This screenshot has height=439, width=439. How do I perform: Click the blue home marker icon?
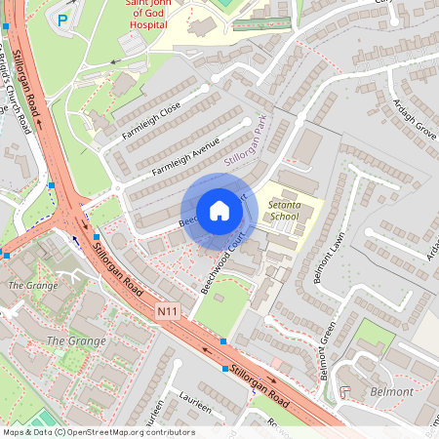(219, 211)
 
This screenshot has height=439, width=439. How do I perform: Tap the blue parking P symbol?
(63, 20)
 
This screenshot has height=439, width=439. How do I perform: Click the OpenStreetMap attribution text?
(98, 432)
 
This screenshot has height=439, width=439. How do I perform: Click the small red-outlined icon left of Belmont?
(346, 391)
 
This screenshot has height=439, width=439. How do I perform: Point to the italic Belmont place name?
(392, 391)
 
